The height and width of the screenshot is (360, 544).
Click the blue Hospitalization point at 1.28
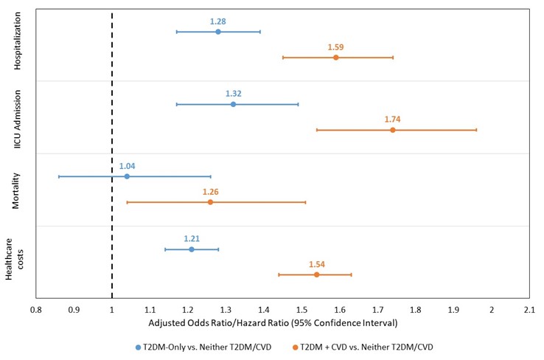[218, 32]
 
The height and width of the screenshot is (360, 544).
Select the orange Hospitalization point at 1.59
[336, 58]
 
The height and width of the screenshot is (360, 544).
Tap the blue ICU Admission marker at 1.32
[234, 104]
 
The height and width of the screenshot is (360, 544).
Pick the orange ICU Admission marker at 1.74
[393, 130]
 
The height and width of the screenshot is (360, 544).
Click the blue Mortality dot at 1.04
[127, 176]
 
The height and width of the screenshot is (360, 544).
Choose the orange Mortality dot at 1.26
[210, 202]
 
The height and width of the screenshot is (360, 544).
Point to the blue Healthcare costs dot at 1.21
[192, 249]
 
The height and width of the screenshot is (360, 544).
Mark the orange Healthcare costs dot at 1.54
[317, 274]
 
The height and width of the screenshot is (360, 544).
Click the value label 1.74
[392, 119]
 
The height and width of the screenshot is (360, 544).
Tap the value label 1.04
[127, 166]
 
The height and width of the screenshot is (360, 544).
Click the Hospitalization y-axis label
[18, 44]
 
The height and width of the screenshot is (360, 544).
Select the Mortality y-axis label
[18, 190]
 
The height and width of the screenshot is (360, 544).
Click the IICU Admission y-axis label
[18, 117]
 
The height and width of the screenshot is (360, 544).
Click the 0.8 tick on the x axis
[36, 310]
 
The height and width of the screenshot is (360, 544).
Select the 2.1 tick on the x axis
[529, 310]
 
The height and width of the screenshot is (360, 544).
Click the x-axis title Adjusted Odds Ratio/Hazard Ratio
[273, 323]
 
